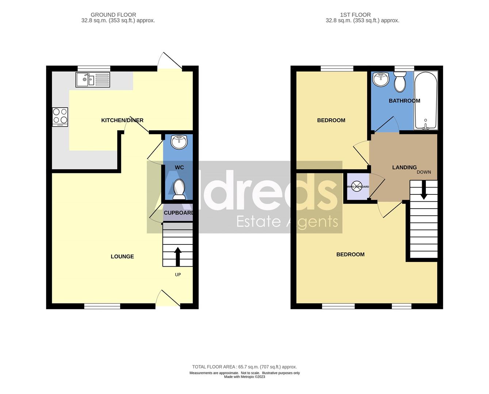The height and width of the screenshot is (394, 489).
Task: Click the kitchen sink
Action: [x=92, y=80]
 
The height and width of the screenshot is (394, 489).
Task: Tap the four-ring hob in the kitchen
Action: [x=60, y=117]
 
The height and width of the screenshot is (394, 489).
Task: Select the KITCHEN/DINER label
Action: [x=122, y=120]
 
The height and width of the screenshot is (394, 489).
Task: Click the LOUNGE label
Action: [x=122, y=256]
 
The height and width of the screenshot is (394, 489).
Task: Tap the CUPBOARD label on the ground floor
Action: [x=179, y=213]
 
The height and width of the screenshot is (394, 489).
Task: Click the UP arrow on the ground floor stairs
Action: [x=178, y=256]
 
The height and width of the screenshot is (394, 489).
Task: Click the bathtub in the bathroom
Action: [x=425, y=101]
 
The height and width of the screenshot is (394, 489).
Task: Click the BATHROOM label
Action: [x=404, y=101]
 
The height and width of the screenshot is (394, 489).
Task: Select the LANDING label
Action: [x=404, y=167]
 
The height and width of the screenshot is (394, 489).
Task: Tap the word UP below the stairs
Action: [x=178, y=275]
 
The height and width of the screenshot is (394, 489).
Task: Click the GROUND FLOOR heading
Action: [x=113, y=15]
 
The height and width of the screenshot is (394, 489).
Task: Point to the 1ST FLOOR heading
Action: [x=355, y=15]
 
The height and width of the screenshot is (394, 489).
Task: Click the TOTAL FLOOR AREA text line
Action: [x=244, y=367]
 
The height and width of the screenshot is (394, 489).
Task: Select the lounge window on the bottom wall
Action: [x=102, y=306]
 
